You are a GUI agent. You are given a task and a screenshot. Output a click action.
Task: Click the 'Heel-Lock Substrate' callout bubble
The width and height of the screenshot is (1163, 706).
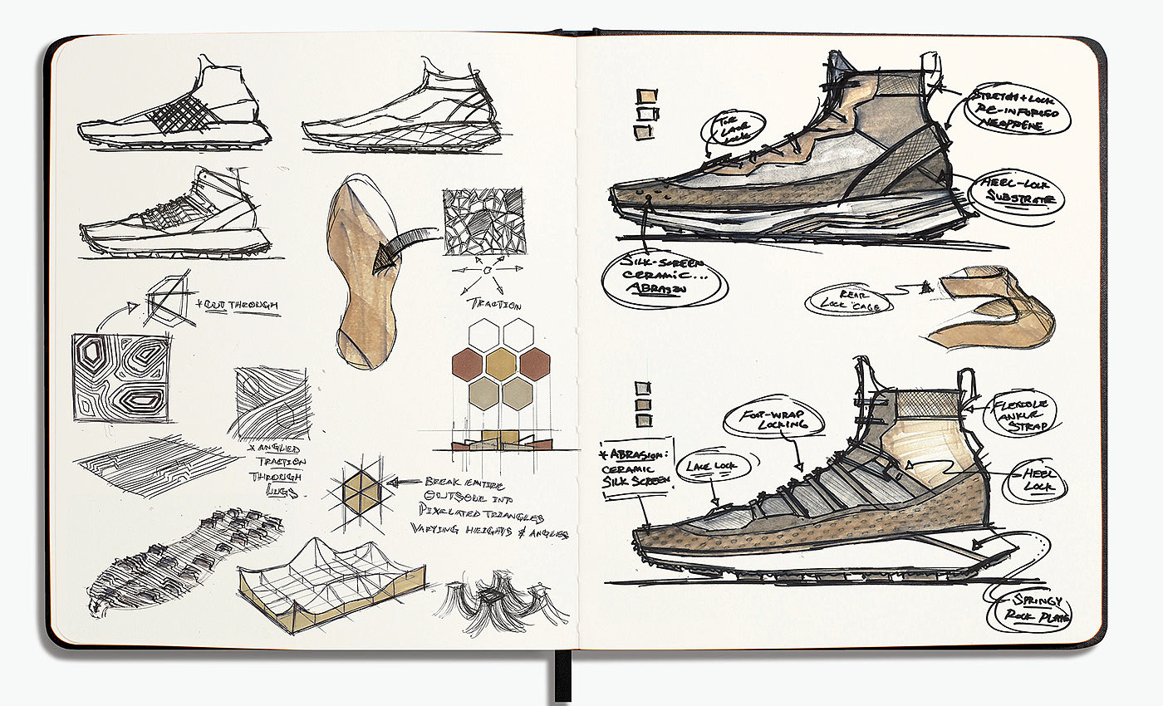point(1010,191)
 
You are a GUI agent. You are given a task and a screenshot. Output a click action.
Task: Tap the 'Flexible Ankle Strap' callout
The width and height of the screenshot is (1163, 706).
point(1023,414)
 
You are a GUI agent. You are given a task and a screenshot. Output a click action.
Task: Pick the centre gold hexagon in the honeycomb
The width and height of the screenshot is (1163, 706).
point(501,363)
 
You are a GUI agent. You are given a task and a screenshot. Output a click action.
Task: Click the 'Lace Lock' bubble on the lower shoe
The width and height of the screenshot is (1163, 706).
point(705,467)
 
